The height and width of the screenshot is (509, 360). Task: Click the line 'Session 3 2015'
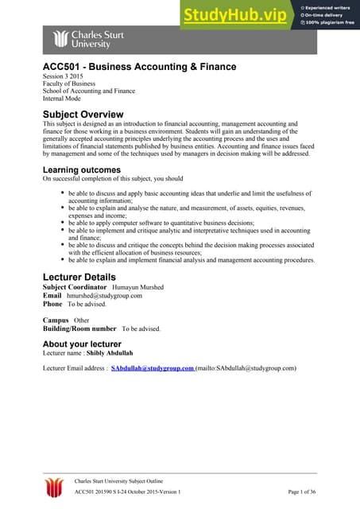pyautogui.click(x=63, y=76)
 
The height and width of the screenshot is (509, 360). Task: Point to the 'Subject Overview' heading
pyautogui.click(x=83, y=114)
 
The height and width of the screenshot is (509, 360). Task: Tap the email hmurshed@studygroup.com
pyautogui.click(x=104, y=296)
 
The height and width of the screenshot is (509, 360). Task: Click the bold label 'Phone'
pyautogui.click(x=52, y=304)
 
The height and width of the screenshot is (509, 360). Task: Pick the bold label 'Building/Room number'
pyautogui.click(x=79, y=328)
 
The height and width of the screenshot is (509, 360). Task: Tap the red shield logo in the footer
pyautogui.click(x=54, y=487)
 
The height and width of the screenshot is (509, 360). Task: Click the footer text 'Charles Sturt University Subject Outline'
pyautogui.click(x=127, y=481)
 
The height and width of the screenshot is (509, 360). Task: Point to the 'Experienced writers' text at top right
pyautogui.click(x=329, y=6)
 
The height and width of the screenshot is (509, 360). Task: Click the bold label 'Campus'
pyautogui.click(x=55, y=320)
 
